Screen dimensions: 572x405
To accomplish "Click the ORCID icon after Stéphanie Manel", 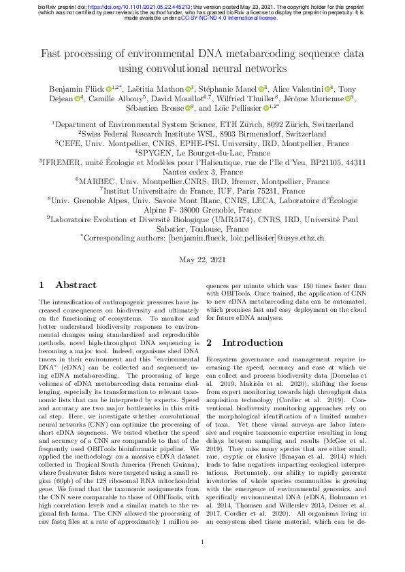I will point(261,88).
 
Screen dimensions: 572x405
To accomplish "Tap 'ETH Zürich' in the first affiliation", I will point(239,125).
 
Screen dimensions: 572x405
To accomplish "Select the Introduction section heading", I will point(255,342).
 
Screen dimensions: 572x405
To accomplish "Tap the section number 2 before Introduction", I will point(209,342).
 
